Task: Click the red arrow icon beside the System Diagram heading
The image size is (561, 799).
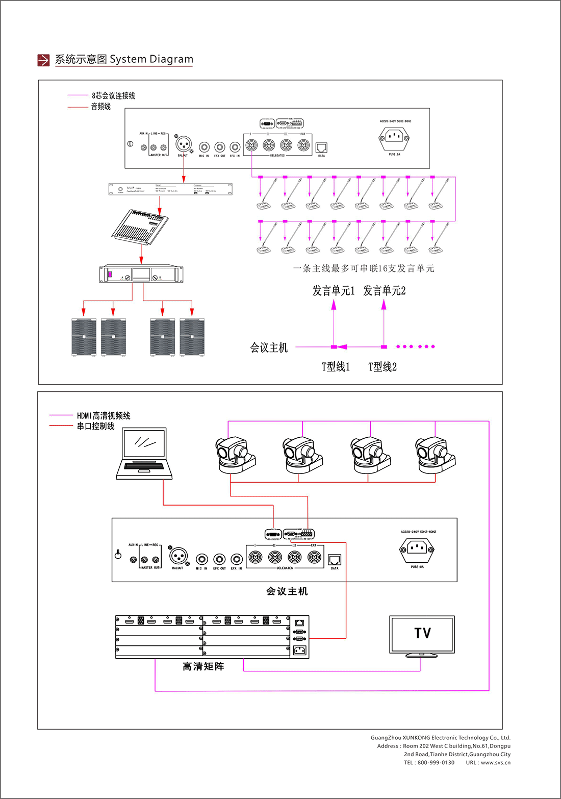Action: pos(43,60)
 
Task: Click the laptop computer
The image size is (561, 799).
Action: pos(144,454)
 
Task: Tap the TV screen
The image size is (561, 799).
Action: pos(422,634)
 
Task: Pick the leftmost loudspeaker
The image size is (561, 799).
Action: pos(84,337)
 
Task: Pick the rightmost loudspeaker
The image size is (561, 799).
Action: pos(192,337)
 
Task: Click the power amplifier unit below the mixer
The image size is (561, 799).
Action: pos(141,274)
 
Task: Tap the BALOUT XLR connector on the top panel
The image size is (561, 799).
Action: pos(183,144)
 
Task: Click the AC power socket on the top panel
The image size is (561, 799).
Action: pos(394,137)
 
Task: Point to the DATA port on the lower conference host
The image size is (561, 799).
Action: pos(335,560)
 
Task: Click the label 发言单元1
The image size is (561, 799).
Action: pos(333,291)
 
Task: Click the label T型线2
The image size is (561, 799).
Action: pos(382,367)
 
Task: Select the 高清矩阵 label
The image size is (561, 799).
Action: pos(203,666)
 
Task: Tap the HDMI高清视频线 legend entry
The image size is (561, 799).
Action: pos(104,416)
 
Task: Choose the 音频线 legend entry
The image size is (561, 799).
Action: pos(101,107)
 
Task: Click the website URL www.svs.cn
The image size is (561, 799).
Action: pos(495,763)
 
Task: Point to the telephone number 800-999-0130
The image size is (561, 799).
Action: pos(436,763)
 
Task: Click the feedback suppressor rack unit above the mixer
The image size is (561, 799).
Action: pos(170,189)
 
